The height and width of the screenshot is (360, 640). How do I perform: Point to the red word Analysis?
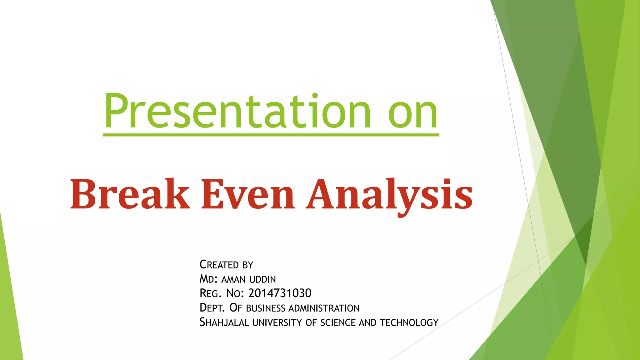point(389,195)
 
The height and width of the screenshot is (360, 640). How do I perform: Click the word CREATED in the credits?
point(219,265)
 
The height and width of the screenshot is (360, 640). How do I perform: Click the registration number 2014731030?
point(280,293)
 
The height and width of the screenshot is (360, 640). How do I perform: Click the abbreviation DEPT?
point(212,308)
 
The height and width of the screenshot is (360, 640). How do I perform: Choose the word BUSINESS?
point(266,308)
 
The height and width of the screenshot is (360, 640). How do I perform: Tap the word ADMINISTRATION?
point(324,308)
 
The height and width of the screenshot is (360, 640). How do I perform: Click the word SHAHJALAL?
point(224,322)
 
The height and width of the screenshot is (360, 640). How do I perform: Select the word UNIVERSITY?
point(277,322)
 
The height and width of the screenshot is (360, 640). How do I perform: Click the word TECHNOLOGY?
point(409,322)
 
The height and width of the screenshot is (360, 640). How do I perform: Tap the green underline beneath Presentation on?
point(271,135)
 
